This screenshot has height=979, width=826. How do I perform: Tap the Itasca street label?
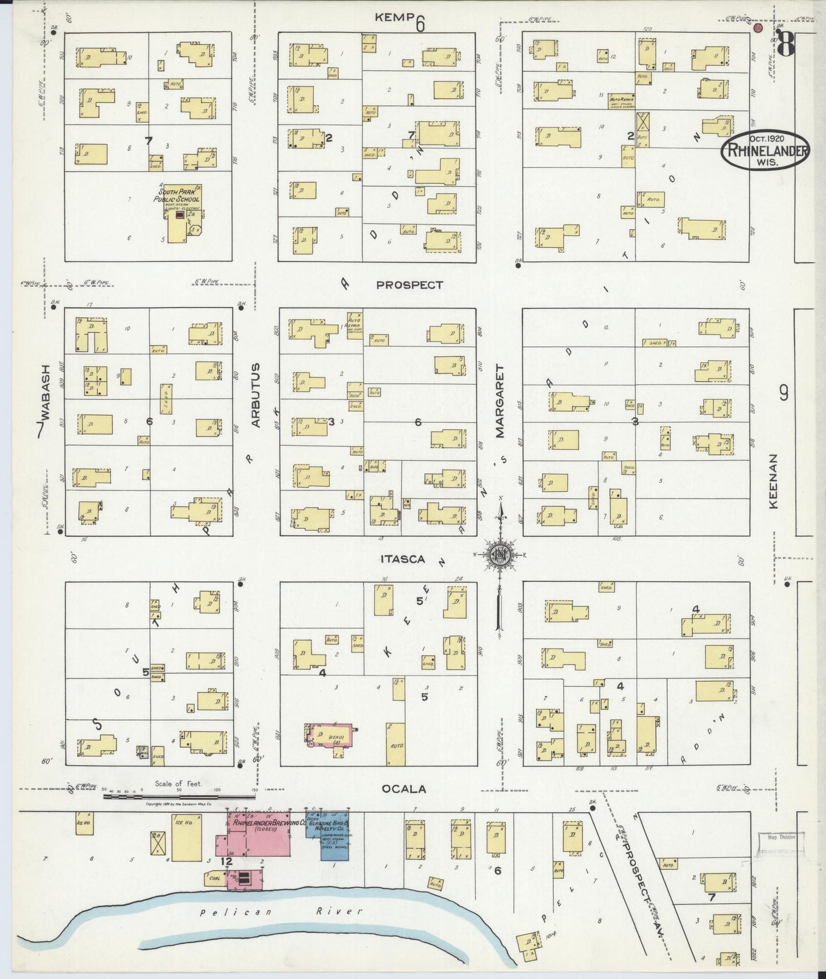pyautogui.click(x=403, y=559)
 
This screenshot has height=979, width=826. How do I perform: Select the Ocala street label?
pyautogui.click(x=404, y=789)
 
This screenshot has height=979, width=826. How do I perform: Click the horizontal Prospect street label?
pyautogui.click(x=409, y=284)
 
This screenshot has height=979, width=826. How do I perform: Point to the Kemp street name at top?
pyautogui.click(x=394, y=17)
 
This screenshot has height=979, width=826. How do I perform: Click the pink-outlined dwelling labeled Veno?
pyautogui.click(x=330, y=737)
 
